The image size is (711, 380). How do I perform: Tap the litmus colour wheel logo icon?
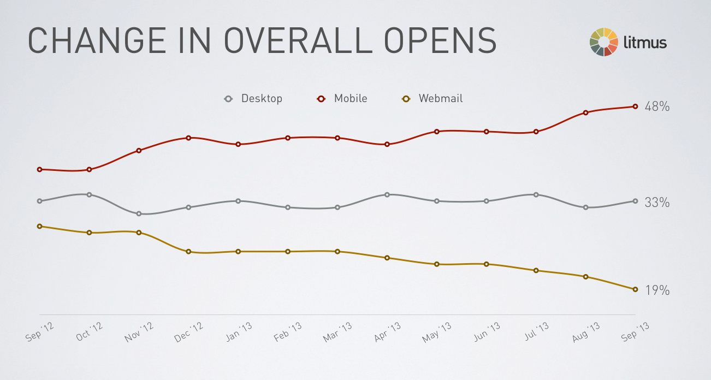tap(604, 42)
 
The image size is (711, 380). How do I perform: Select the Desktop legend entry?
tap(253, 99)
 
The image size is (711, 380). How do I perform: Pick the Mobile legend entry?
tap(342, 99)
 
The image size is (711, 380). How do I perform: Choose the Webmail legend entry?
tap(433, 99)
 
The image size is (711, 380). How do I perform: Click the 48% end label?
tap(657, 106)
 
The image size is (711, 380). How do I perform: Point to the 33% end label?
tap(657, 203)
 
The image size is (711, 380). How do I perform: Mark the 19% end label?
tap(657, 290)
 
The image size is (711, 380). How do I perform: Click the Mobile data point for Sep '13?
tap(635, 106)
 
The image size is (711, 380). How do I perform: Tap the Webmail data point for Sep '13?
tap(635, 289)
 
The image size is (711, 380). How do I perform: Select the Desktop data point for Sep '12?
tap(39, 201)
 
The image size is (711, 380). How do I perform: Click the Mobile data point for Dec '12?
tap(188, 138)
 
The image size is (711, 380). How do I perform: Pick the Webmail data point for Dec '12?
tap(188, 252)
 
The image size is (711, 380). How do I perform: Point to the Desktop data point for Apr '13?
tap(387, 194)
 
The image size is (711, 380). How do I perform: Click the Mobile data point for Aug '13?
tap(585, 112)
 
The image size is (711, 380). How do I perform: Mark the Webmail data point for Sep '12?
tap(39, 226)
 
